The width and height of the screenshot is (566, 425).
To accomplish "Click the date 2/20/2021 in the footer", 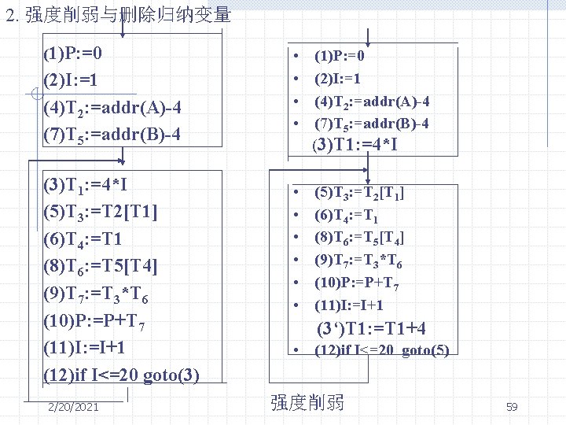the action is (73, 406).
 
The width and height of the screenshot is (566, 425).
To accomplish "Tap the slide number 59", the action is (512, 406).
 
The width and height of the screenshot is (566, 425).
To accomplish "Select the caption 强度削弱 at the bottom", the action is (307, 403).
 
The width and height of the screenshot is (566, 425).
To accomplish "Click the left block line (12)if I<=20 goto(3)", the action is (121, 375).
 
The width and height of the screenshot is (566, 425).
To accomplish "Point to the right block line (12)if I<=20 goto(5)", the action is (381, 350).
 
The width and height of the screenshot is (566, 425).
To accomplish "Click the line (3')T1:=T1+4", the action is (377, 328).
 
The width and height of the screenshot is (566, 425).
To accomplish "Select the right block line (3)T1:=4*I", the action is (355, 145).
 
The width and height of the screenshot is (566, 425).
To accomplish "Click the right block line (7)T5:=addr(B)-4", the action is (372, 124).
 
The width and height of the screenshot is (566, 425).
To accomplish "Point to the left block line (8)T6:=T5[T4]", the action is (101, 267).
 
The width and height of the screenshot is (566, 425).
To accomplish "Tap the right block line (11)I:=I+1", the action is (349, 305).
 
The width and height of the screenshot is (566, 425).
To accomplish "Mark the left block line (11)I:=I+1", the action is (86, 348).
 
